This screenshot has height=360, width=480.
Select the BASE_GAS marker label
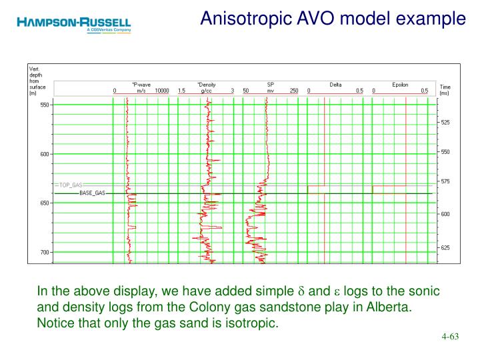92,193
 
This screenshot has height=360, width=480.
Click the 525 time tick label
445,122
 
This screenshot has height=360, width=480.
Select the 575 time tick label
445,181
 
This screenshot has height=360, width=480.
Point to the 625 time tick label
445,247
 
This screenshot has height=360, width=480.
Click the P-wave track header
141,85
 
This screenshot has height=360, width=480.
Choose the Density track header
207,85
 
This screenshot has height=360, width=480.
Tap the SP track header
271,85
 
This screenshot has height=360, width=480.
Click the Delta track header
336,85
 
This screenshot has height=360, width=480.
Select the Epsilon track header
400,85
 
